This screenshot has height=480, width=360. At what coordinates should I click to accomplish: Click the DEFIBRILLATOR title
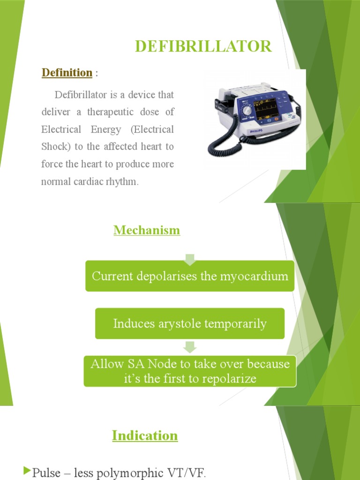pyautogui.click(x=203, y=46)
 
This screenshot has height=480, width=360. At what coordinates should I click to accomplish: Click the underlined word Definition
pyautogui.click(x=67, y=73)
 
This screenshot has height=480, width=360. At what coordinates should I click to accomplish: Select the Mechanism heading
pyautogui.click(x=146, y=230)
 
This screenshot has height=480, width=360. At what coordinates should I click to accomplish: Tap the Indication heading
pyautogui.click(x=145, y=435)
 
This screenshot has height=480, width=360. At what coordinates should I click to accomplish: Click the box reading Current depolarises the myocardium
pyautogui.click(x=190, y=276)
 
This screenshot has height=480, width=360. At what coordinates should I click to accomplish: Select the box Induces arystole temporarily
pyautogui.click(x=190, y=323)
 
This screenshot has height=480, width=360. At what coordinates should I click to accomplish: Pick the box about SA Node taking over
pyautogui.click(x=190, y=371)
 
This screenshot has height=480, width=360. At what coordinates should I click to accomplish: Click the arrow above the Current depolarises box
pyautogui.click(x=190, y=258)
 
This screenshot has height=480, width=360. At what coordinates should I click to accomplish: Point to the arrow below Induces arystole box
pyautogui.click(x=190, y=347)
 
